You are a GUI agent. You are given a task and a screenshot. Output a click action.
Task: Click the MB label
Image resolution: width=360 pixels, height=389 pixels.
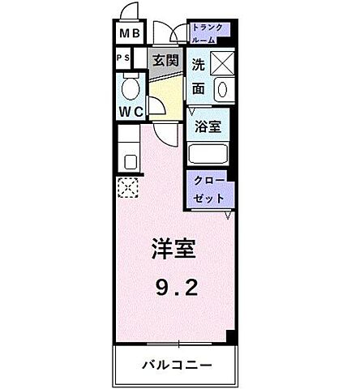129,34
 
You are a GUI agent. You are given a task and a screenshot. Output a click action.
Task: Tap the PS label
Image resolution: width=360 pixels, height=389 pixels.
125,59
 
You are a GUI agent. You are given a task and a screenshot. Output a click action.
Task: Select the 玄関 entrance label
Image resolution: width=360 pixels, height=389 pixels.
165,60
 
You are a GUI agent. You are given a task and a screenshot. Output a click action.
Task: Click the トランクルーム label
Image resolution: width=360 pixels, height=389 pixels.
210,32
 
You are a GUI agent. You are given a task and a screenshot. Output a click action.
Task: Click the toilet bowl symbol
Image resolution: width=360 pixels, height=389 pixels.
130,88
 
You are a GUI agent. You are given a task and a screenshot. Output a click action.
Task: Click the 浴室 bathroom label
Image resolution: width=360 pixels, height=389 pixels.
208,126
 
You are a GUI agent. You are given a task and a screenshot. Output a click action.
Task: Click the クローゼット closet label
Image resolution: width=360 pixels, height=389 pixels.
209,188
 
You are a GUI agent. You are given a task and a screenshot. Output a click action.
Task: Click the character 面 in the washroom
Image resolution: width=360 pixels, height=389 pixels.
199,87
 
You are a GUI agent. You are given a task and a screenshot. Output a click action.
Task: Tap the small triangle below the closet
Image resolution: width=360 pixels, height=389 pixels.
229,214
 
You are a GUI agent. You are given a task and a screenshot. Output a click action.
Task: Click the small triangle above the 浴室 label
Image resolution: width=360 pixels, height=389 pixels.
194,111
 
